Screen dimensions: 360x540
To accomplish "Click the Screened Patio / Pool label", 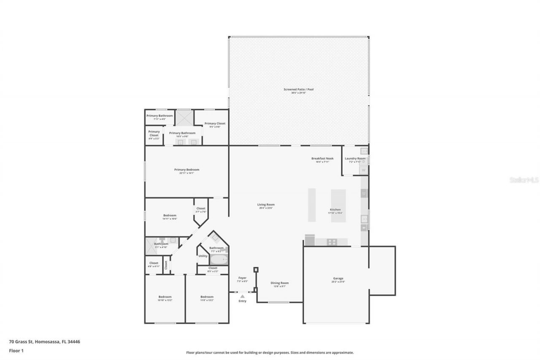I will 299,89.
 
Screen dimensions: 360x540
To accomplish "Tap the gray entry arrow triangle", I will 242,297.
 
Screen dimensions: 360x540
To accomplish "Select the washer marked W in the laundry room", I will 363,170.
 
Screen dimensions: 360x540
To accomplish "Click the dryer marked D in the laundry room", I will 364,161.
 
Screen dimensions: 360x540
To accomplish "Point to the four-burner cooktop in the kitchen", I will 332,242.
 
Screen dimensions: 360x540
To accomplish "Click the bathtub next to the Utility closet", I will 219,259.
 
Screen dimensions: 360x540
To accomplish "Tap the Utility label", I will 203,256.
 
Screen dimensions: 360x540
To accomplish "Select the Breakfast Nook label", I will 322,158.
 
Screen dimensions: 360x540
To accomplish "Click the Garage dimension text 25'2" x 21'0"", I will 338,282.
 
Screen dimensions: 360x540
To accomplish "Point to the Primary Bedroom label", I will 186,170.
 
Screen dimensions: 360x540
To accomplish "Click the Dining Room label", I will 280,283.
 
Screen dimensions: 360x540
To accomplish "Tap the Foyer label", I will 242,278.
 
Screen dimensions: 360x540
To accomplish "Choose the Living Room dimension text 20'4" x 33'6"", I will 266,208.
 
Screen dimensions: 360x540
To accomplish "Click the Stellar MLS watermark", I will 524,180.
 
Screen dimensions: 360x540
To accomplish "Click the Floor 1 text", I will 16,350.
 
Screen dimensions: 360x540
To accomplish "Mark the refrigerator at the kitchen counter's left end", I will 310,240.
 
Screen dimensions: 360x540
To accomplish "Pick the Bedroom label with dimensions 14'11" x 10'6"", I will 170,215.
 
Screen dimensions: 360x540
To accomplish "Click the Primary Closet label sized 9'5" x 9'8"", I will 215,123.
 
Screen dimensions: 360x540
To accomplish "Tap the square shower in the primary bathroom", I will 184,117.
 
